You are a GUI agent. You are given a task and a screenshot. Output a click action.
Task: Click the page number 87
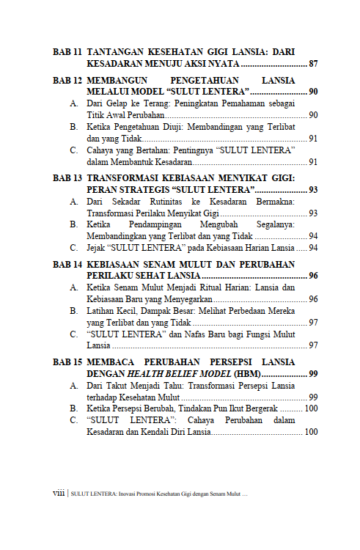pyautogui.click(x=313, y=64)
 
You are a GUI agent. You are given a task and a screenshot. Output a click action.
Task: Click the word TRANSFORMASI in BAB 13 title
pyautogui.click(x=121, y=178)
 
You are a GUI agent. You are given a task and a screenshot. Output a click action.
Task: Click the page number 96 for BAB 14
pyautogui.click(x=313, y=276)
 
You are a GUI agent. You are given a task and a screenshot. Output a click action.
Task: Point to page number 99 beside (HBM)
pyautogui.click(x=313, y=373)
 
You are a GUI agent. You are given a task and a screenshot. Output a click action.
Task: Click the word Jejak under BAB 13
pyautogui.click(x=98, y=248)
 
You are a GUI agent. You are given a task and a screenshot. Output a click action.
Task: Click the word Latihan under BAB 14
pyautogui.click(x=100, y=311)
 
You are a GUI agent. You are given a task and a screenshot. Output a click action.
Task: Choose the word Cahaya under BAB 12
pyautogui.click(x=100, y=150)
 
